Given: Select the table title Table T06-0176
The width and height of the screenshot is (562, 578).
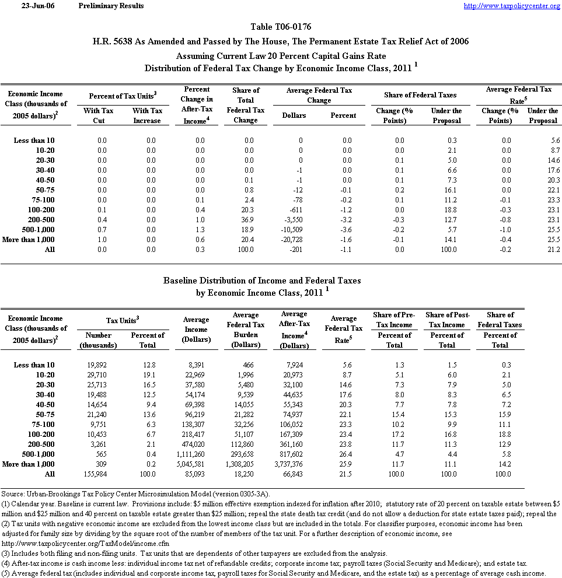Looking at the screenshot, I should click(x=281, y=27).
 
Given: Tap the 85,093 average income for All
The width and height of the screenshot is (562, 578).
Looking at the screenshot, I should click(x=196, y=474).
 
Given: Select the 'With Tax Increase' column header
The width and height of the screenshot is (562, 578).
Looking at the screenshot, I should click(x=147, y=115).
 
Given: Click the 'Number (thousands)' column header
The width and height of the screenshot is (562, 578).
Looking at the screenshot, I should click(x=99, y=340).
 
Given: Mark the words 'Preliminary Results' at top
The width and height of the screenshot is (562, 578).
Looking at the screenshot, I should click(x=111, y=6).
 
